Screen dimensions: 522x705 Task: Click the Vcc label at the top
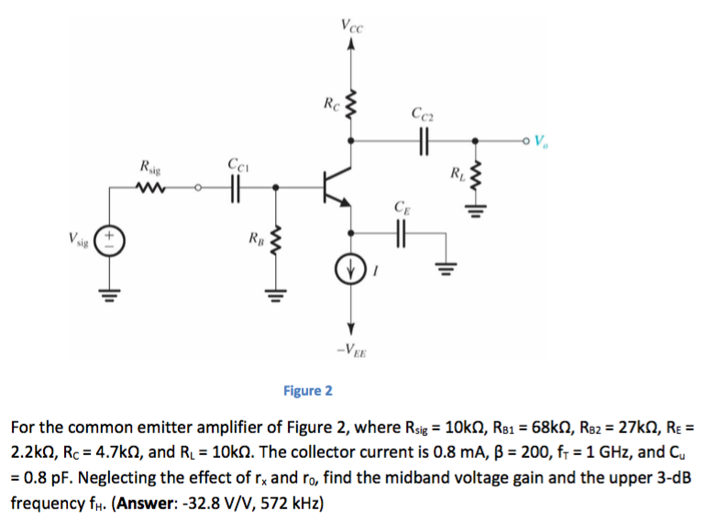point(351,27)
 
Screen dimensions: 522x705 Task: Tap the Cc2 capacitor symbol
point(424,141)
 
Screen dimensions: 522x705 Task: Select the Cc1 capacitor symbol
point(236,190)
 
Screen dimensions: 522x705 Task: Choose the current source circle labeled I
point(350,270)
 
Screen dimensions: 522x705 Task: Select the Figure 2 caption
point(308,391)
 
